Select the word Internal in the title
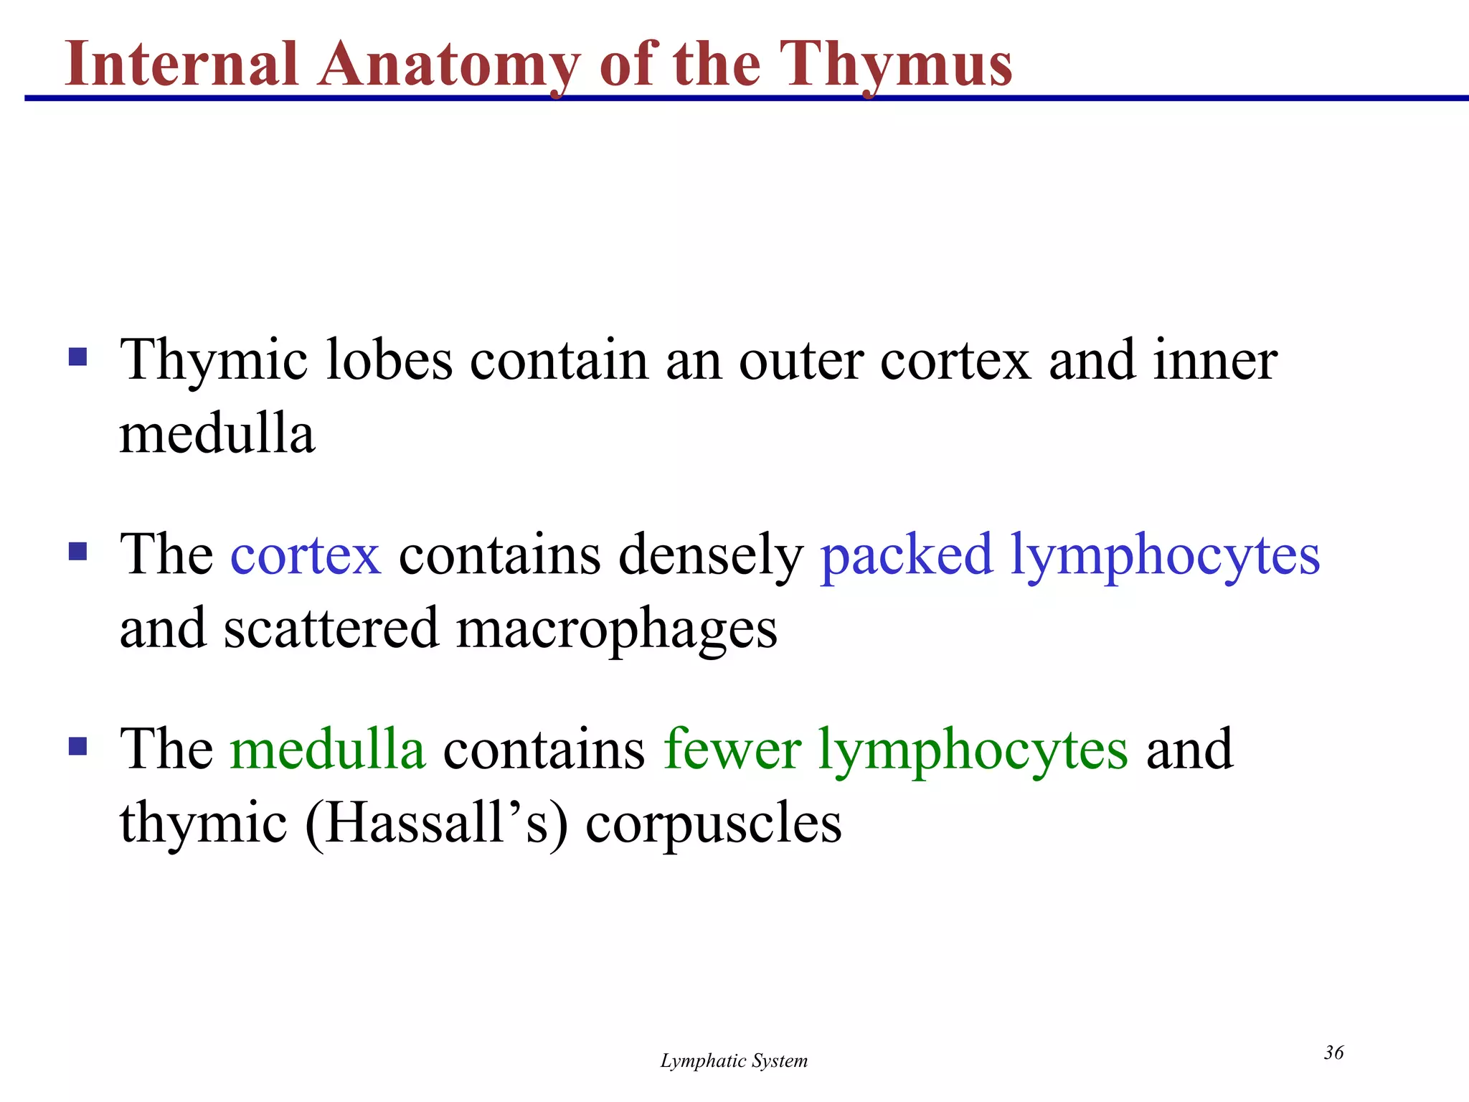click(x=181, y=65)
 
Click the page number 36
click(x=1333, y=1052)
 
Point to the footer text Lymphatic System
click(x=734, y=1061)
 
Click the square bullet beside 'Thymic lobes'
click(x=77, y=357)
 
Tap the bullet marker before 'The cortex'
click(x=77, y=552)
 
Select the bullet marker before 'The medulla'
click(x=77, y=747)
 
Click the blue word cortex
click(x=306, y=555)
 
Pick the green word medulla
click(x=328, y=749)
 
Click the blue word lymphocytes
click(x=1165, y=557)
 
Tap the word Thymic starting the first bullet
click(x=214, y=361)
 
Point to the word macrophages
click(x=616, y=629)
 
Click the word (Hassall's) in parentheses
click(x=436, y=824)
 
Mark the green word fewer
click(x=732, y=749)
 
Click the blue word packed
click(x=907, y=557)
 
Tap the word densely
click(x=711, y=557)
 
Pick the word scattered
click(x=331, y=628)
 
